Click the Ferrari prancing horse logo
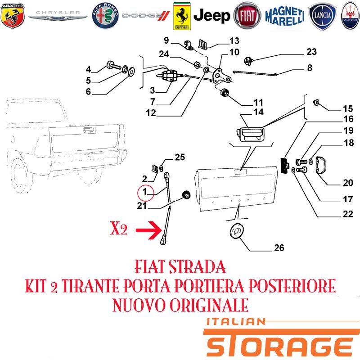tap(182, 16)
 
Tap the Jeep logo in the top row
tap(211, 16)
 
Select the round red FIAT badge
tap(247, 16)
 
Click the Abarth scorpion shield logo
tap(13, 16)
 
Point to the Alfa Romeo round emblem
tap(105, 16)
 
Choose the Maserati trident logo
tap(350, 16)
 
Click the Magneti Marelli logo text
tap(285, 16)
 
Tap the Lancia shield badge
tap(322, 16)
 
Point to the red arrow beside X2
tap(149, 230)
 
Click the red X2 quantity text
tap(119, 229)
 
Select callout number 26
tap(279, 248)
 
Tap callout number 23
tap(311, 52)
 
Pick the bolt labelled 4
tap(114, 65)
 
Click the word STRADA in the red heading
tap(197, 267)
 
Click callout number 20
tap(348, 183)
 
